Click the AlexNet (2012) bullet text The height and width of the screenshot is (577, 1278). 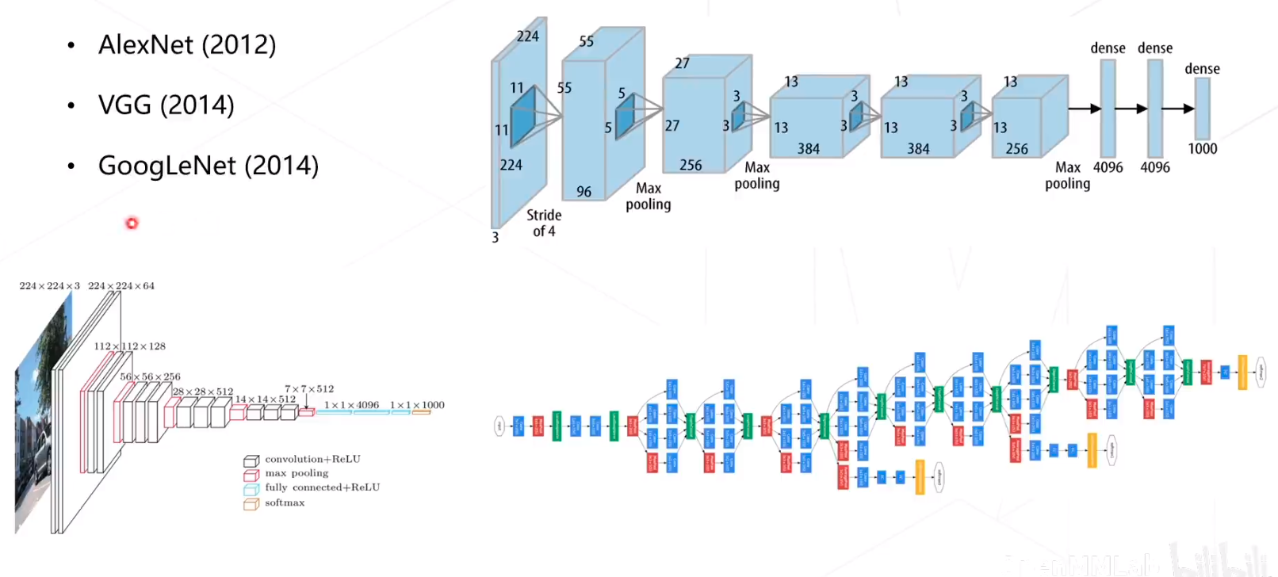pos(187,45)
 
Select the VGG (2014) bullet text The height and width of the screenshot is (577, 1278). pos(166,105)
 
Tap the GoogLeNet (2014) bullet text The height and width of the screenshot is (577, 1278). pos(208,166)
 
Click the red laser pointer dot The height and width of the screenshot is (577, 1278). pos(132,224)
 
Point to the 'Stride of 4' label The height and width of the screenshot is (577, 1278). pos(544,223)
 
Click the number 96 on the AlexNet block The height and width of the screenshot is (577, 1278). pos(584,191)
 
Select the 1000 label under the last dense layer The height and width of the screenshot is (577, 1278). pos(1202,149)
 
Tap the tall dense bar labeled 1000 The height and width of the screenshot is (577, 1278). pos(1202,109)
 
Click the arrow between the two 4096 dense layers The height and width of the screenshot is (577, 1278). pos(1131,109)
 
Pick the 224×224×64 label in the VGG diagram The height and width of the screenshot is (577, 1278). pos(121,286)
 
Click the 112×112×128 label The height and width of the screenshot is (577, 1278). pos(130,346)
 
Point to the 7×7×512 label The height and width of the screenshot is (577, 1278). pos(309,389)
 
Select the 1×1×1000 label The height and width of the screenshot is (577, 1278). pos(417,405)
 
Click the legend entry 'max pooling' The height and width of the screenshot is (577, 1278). pos(297,473)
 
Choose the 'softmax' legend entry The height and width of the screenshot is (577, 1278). pos(285,502)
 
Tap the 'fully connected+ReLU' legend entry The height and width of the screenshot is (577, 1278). pos(322,487)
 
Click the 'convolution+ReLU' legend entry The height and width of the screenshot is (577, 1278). pos(312,459)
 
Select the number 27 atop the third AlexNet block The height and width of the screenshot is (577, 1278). pos(682,63)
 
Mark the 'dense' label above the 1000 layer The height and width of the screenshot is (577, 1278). pos(1202,69)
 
